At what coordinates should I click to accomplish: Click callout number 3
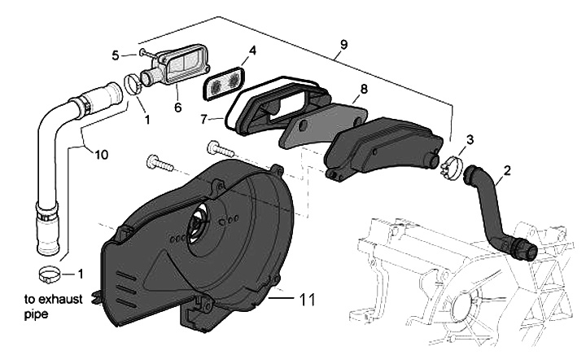pyautogui.click(x=470, y=140)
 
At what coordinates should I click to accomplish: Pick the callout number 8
pyautogui.click(x=364, y=87)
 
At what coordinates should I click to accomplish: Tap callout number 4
pyautogui.click(x=252, y=50)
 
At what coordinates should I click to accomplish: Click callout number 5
pyautogui.click(x=116, y=55)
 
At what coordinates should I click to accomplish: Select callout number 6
pyautogui.click(x=177, y=108)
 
